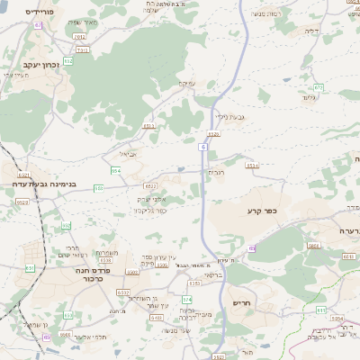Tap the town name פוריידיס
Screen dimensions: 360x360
click(40, 13)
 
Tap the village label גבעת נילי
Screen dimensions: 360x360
click(229, 116)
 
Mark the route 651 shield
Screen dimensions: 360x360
click(30, 267)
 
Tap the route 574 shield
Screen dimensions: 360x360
click(187, 299)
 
